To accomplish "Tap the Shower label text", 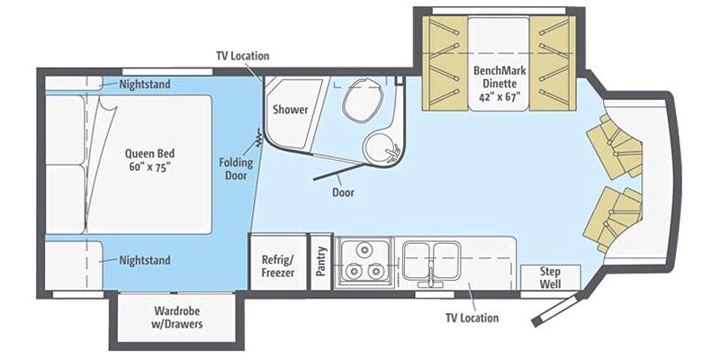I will coord(291,110).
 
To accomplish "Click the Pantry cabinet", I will coord(320,262).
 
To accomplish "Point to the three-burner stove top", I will coord(364,262).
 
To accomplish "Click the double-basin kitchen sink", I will coord(430,261).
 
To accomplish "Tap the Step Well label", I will coord(551,276).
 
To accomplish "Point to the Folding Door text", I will coord(236,170).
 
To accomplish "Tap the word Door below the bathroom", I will coord(342,193).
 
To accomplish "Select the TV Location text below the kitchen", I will coord(472,318).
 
